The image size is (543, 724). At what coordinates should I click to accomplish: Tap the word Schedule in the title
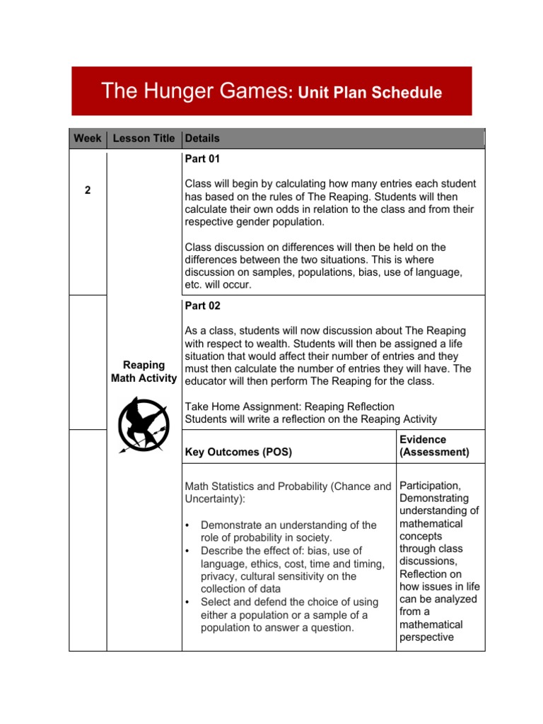click(x=407, y=93)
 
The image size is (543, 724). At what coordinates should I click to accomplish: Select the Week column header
click(x=87, y=139)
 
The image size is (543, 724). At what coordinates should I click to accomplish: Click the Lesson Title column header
click(x=144, y=139)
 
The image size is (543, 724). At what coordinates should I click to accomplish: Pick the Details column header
click(x=202, y=139)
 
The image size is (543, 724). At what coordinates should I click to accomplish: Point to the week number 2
click(x=87, y=190)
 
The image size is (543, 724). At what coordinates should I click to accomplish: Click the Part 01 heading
click(x=202, y=159)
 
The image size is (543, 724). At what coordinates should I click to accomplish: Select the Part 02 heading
click(x=202, y=306)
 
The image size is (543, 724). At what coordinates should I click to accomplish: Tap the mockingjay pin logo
click(x=144, y=425)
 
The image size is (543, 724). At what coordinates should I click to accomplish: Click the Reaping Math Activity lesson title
click(x=144, y=372)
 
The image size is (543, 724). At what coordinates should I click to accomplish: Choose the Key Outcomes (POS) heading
click(x=238, y=452)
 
